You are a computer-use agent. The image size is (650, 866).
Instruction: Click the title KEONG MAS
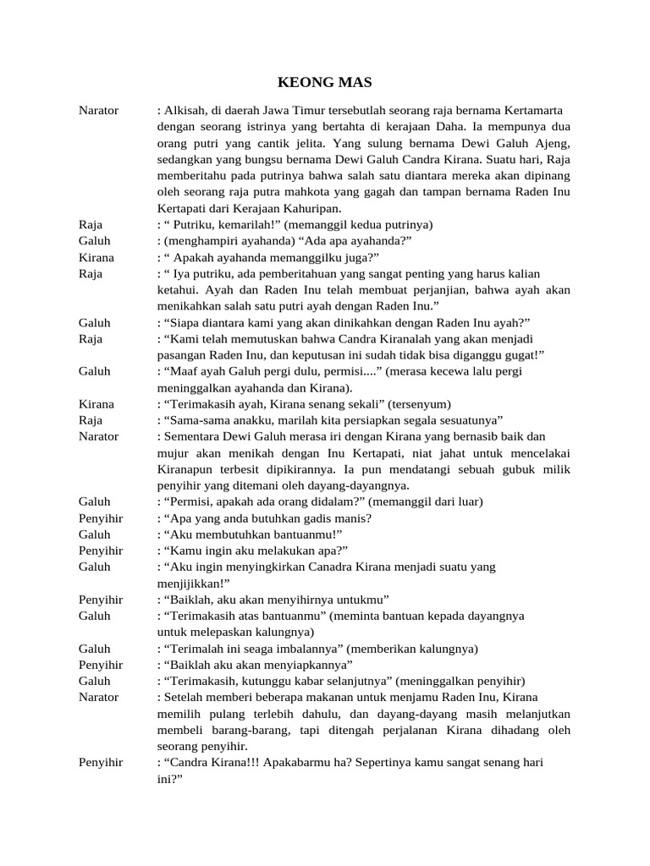pos(325,83)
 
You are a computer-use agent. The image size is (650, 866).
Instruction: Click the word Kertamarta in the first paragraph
pos(534,111)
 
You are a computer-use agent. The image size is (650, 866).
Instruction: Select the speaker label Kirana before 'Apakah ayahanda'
pos(96,257)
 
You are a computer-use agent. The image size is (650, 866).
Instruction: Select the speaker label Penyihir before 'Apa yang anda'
pos(101,518)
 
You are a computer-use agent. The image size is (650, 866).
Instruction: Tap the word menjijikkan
pos(191,583)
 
